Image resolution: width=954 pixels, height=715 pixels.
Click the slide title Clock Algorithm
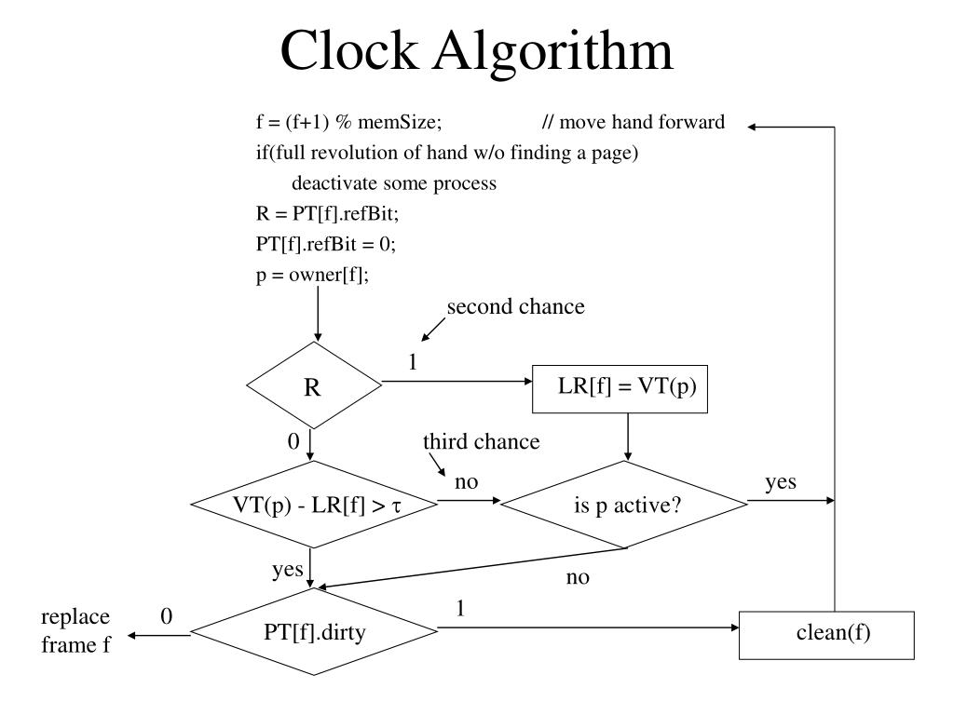pyautogui.click(x=477, y=51)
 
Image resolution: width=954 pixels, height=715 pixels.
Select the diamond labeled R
pyautogui.click(x=313, y=386)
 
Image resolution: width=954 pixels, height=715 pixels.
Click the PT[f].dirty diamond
pyautogui.click(x=314, y=633)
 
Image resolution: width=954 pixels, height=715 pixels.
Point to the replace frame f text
pyautogui.click(x=75, y=630)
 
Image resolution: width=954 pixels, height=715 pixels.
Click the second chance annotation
pyautogui.click(x=515, y=307)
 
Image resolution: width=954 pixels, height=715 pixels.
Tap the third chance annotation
pyautogui.click(x=481, y=441)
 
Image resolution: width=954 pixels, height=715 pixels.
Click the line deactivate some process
pyautogui.click(x=394, y=183)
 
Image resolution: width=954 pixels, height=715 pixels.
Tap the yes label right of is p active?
pyautogui.click(x=780, y=481)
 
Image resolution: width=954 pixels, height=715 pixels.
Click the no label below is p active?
pyautogui.click(x=578, y=577)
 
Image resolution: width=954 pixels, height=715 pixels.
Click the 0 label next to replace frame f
pyautogui.click(x=167, y=616)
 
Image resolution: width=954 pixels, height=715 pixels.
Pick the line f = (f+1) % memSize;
pyautogui.click(x=348, y=123)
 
